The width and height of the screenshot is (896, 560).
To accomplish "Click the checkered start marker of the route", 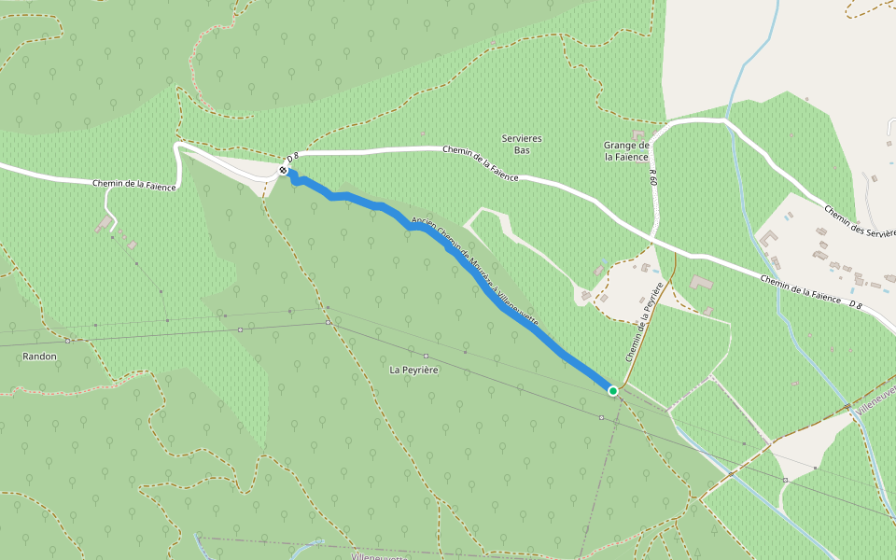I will tap(283, 170).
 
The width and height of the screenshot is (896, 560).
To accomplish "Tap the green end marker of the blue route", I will tap(612, 390).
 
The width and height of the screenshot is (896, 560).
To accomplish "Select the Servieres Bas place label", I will tap(522, 144).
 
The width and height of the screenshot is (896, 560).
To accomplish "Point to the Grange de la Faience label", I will tap(626, 151).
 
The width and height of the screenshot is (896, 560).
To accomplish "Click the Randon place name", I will tap(40, 357).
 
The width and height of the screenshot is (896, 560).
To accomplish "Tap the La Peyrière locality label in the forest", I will tap(413, 370).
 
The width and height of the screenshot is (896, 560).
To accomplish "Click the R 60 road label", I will tap(653, 176).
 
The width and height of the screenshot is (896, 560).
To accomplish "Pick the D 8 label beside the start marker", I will tap(292, 159).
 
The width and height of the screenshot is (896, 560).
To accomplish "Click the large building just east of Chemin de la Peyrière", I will tap(701, 282).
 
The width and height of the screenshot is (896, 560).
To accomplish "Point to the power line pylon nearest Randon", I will tap(67, 341).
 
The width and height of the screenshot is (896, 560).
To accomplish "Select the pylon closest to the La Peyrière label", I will tap(426, 356).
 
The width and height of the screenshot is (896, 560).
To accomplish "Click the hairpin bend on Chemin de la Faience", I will tap(178, 147).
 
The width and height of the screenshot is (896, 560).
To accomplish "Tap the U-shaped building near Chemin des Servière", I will tap(772, 238).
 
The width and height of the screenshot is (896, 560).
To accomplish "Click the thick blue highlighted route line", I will tap(485, 289).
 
